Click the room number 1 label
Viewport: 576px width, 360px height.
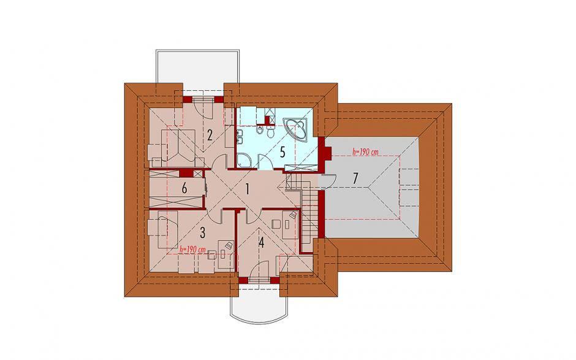pyautogui.click(x=247, y=190)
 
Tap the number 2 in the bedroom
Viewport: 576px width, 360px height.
pyautogui.click(x=210, y=136)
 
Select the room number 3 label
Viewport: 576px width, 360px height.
pyautogui.click(x=202, y=232)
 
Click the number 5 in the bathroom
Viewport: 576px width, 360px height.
pyautogui.click(x=282, y=152)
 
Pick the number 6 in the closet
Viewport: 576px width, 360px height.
pyautogui.click(x=184, y=189)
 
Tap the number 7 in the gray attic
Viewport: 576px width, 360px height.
pyautogui.click(x=355, y=178)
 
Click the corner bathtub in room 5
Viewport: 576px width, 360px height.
pyautogui.click(x=298, y=129)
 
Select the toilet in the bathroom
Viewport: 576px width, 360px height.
pyautogui.click(x=271, y=131)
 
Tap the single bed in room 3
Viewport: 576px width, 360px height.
pyautogui.click(x=168, y=232)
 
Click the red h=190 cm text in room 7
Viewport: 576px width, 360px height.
pyautogui.click(x=365, y=151)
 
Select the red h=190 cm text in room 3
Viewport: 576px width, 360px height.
pyautogui.click(x=192, y=250)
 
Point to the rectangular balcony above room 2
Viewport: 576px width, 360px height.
pyautogui.click(x=198, y=70)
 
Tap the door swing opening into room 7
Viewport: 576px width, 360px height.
pyautogui.click(x=327, y=181)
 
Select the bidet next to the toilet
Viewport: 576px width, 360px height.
pyautogui.click(x=260, y=131)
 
